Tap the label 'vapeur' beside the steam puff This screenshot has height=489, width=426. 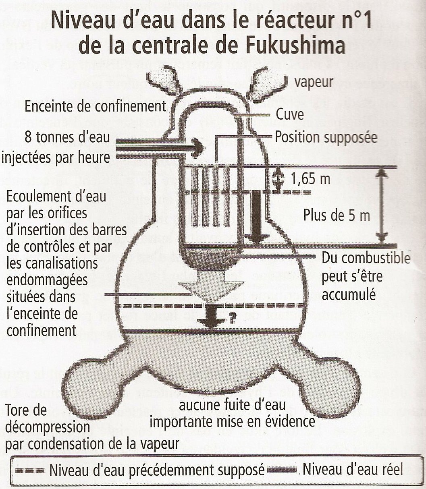(x=314, y=83)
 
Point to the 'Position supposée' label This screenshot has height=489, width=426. (x=326, y=137)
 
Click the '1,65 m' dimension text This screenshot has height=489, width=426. (x=310, y=179)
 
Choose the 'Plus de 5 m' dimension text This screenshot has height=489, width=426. (x=337, y=215)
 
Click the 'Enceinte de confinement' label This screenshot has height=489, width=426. (x=96, y=106)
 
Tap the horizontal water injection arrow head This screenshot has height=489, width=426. (x=198, y=148)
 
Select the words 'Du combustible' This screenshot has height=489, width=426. (x=366, y=258)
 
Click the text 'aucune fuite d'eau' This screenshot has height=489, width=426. (x=233, y=405)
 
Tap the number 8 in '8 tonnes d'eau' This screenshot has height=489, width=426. (x=28, y=137)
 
